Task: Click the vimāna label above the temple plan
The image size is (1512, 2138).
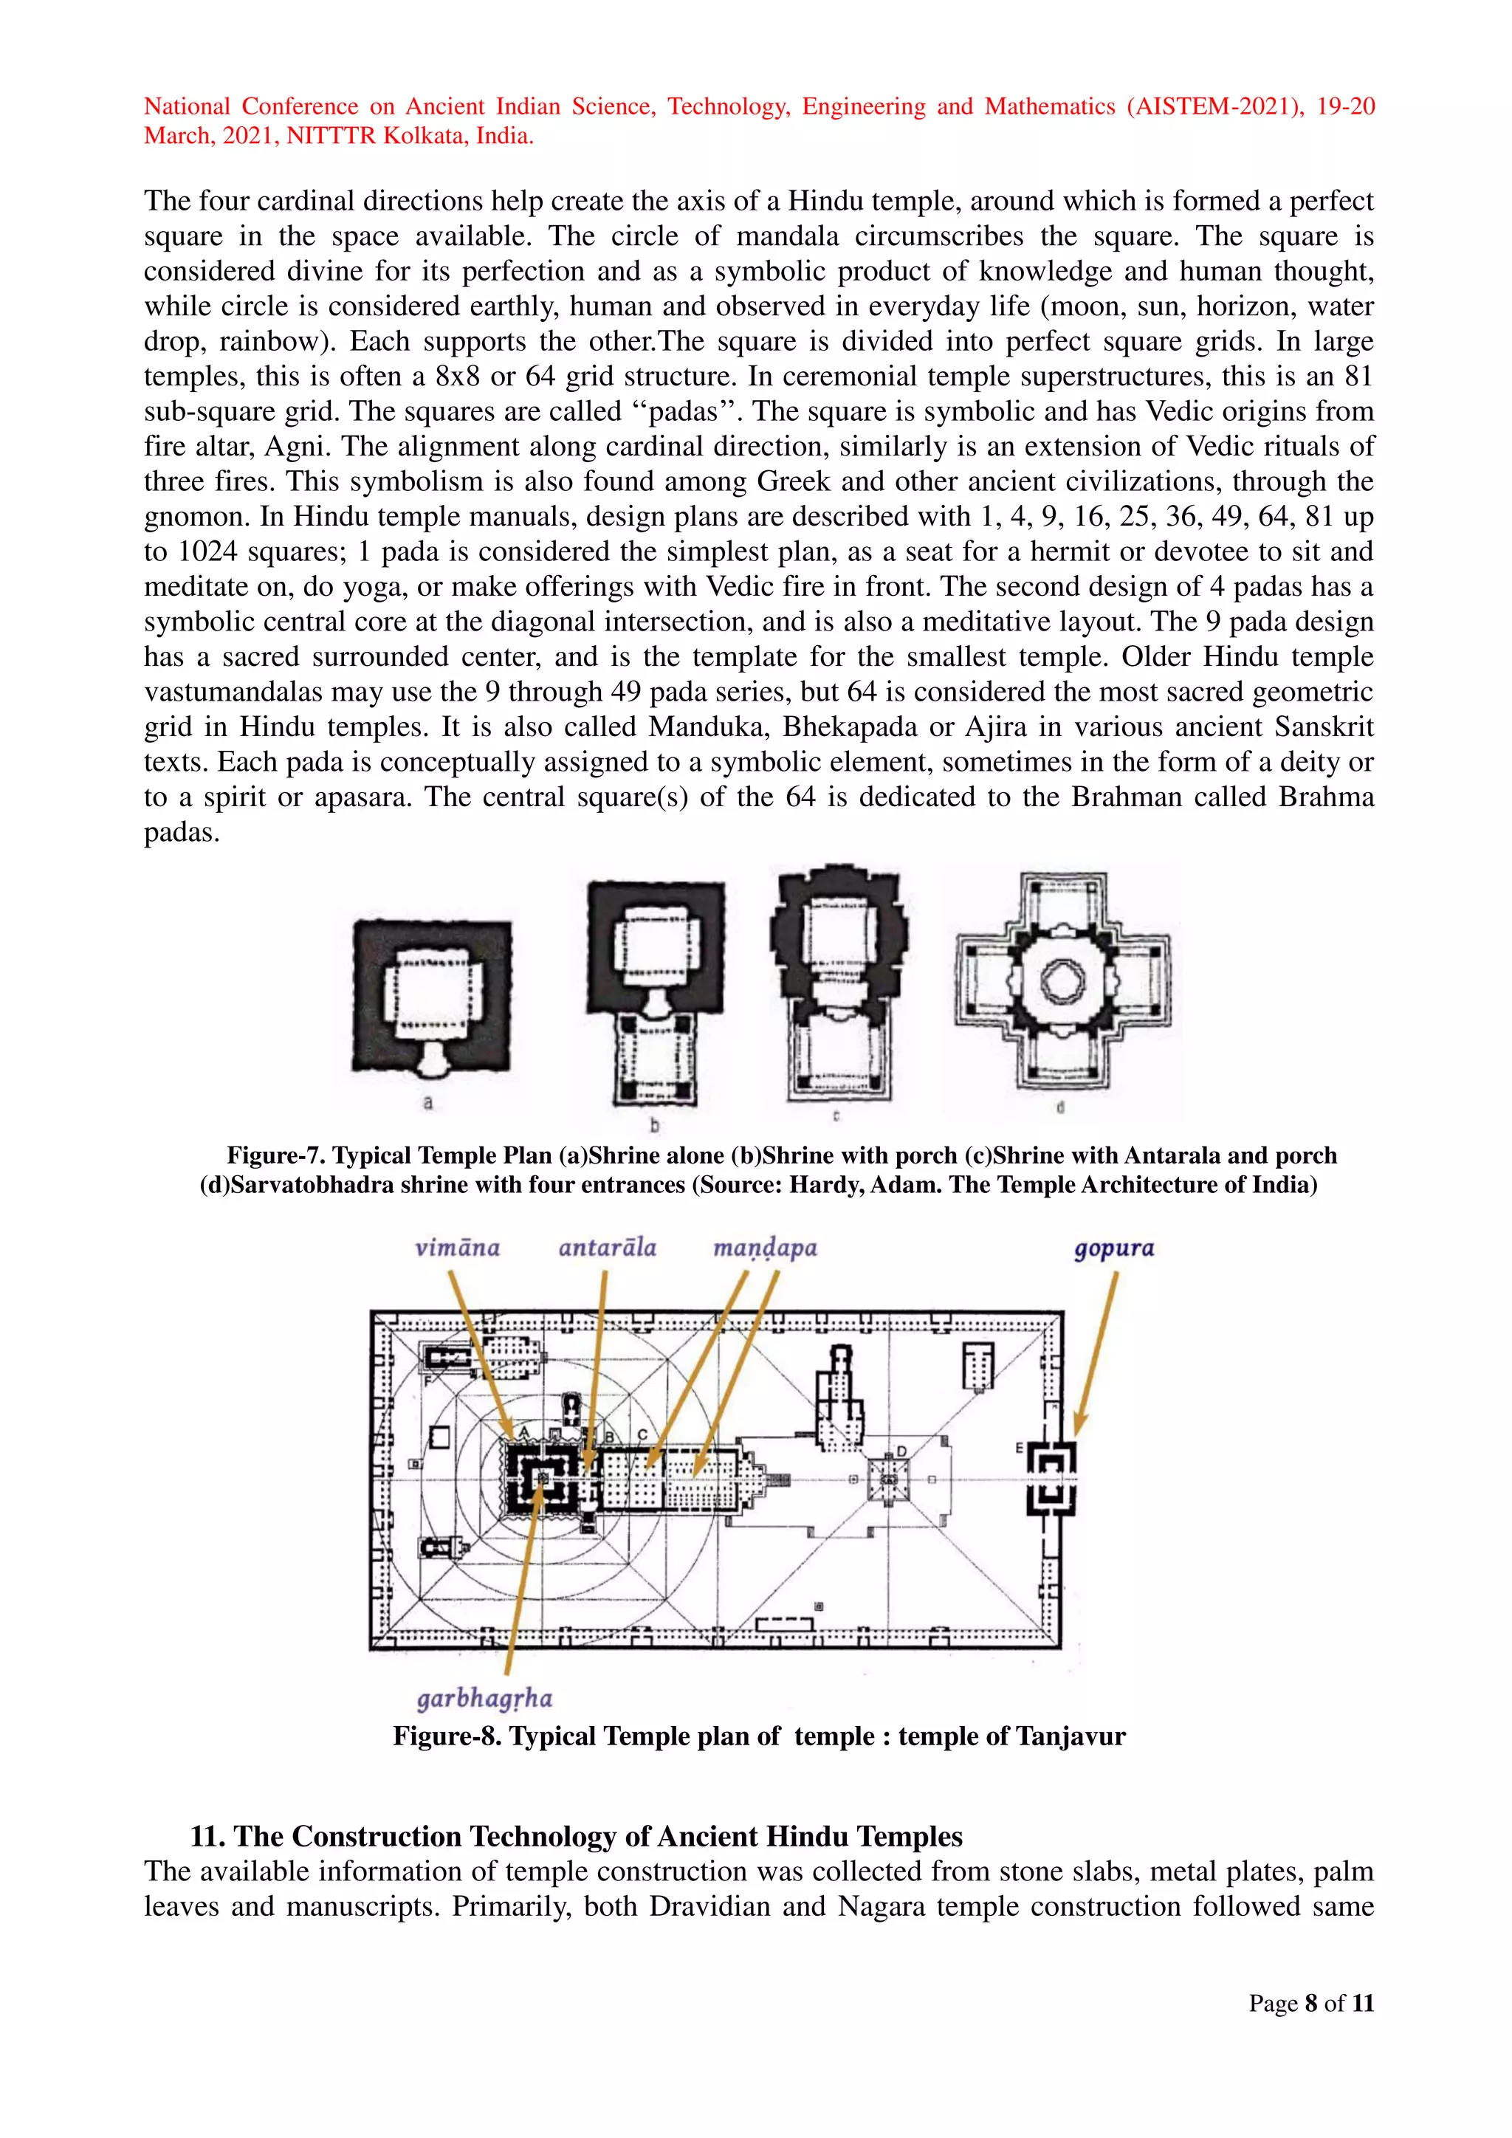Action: coord(457,1248)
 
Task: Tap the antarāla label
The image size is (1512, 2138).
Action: coord(607,1248)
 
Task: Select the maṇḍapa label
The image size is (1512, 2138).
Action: coord(764,1248)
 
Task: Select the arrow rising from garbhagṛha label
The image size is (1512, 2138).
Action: coord(521,1583)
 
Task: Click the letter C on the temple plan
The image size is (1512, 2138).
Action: coord(642,1435)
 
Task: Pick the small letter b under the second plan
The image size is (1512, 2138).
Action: coord(655,1125)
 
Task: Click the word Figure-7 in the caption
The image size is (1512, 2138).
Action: coord(275,1155)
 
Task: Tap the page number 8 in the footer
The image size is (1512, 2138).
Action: coord(1311,2003)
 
